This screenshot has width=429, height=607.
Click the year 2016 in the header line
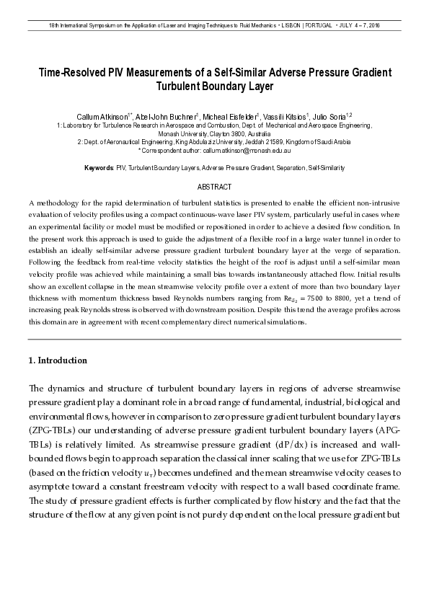point(373,26)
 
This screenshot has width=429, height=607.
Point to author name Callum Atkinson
point(103,116)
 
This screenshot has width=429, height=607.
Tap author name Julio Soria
point(331,116)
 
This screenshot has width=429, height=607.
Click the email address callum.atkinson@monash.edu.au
point(247,151)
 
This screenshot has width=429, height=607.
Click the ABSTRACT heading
point(214,187)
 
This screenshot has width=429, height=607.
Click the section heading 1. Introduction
point(58,360)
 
